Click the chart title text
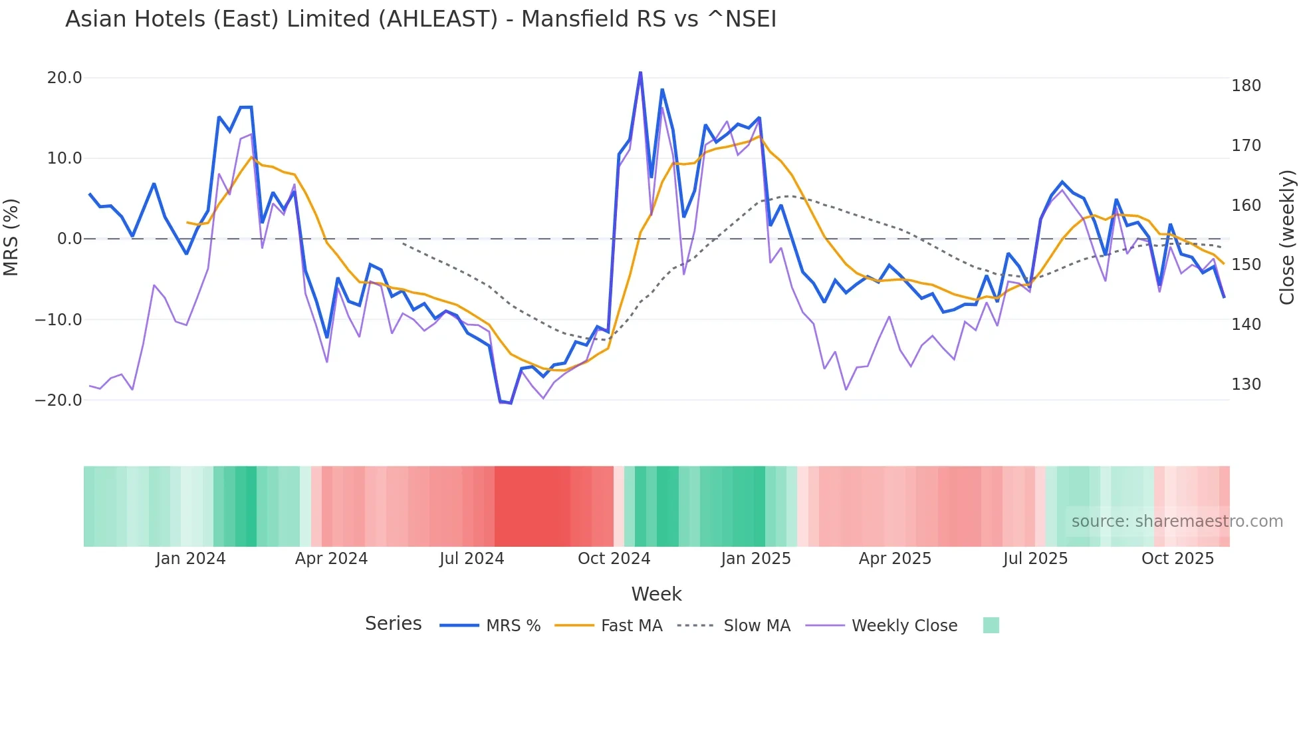click(x=420, y=19)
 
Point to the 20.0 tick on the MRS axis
click(x=64, y=78)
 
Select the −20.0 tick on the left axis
click(x=59, y=400)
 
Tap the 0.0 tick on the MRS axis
click(x=69, y=239)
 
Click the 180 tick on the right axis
click(x=1246, y=86)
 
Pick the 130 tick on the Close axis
click(x=1246, y=384)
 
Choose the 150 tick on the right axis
click(x=1246, y=265)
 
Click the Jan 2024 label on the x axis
click(x=191, y=559)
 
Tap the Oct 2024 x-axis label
click(x=614, y=559)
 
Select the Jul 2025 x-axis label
click(x=1035, y=559)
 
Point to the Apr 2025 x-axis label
click(x=895, y=559)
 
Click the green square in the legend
click(x=991, y=625)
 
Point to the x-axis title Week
click(x=656, y=594)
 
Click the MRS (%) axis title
click(x=11, y=237)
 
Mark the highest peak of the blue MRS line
click(x=640, y=72)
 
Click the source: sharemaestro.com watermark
click(x=1177, y=521)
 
